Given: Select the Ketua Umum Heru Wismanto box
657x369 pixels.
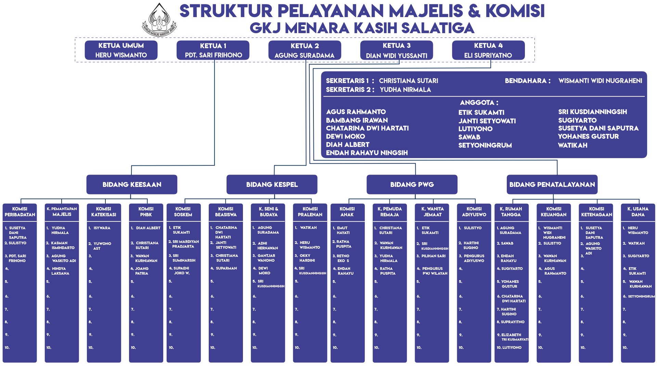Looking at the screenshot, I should (x=121, y=50).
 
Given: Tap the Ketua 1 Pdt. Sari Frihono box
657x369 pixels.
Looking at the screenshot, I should (x=213, y=50).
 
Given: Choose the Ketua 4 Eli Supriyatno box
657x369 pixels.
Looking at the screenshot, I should (x=488, y=50).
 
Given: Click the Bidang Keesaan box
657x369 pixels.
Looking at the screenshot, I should (x=132, y=184).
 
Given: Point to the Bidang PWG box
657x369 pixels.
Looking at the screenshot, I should (x=412, y=184).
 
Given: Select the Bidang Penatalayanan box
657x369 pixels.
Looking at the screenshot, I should (x=552, y=184).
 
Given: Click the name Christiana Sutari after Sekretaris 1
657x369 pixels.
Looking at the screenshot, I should (x=408, y=81).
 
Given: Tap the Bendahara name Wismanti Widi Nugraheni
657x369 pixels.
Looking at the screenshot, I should (x=600, y=81).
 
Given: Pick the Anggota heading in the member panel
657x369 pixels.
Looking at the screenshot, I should (x=479, y=102).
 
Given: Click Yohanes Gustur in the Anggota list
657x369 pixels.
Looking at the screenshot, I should (x=588, y=137).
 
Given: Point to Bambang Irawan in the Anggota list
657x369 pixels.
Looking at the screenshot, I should (x=357, y=120).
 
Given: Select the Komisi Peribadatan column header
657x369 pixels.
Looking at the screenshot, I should (x=20, y=212).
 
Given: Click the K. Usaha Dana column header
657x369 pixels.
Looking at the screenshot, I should (x=638, y=212).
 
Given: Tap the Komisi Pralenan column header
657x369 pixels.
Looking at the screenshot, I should (x=310, y=212).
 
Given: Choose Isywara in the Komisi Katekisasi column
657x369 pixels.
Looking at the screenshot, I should (x=102, y=228).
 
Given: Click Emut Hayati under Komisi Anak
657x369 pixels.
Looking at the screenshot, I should (x=343, y=230).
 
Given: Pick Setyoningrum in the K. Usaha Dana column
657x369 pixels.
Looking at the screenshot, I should (x=641, y=297).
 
